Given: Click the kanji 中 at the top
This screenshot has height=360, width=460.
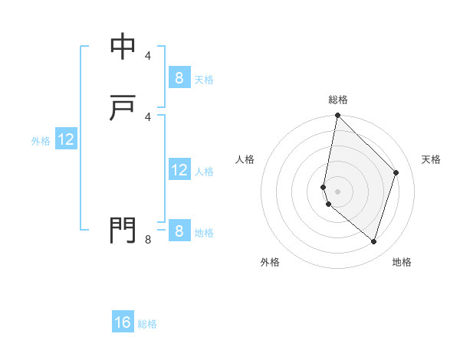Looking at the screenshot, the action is (123, 47).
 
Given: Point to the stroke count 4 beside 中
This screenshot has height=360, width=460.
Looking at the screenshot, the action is (148, 56).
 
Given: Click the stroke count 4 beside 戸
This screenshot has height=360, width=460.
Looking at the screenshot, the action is (148, 116).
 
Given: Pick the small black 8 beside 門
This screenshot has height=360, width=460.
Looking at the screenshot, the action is (148, 240).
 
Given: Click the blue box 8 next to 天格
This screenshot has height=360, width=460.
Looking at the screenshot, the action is (179, 77).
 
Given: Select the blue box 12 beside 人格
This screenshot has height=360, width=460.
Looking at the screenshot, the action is (179, 170).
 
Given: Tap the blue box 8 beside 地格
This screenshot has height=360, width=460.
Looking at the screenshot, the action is (179, 231).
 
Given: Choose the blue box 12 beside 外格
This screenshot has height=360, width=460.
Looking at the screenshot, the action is (66, 139).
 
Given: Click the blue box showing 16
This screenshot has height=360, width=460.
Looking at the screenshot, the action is (123, 322).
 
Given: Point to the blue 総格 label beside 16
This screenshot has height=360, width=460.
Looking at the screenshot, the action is (147, 324).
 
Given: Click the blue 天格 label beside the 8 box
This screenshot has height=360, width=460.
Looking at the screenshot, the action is (204, 79).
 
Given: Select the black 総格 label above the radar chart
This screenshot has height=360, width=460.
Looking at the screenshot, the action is (338, 100).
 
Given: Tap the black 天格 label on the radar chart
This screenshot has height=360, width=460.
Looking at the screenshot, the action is (432, 159).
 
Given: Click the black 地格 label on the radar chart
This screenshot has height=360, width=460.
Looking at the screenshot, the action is (402, 262).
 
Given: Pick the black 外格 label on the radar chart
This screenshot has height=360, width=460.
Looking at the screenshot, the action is (270, 262).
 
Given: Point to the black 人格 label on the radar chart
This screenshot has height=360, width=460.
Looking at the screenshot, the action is (245, 159).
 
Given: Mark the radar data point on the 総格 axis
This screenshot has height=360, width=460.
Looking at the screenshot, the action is (337, 116).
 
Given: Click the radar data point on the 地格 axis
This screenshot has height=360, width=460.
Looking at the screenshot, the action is (373, 241).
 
